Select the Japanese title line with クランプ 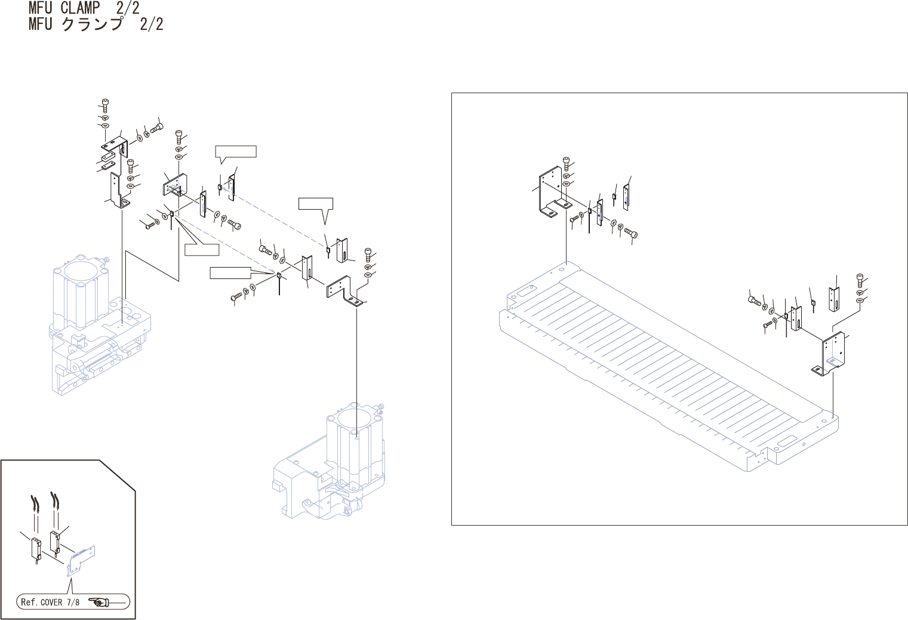(96, 24)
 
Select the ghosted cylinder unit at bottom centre (334, 460)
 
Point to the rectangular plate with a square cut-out (176, 185)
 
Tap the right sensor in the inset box (55, 541)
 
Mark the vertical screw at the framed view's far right (860, 279)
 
